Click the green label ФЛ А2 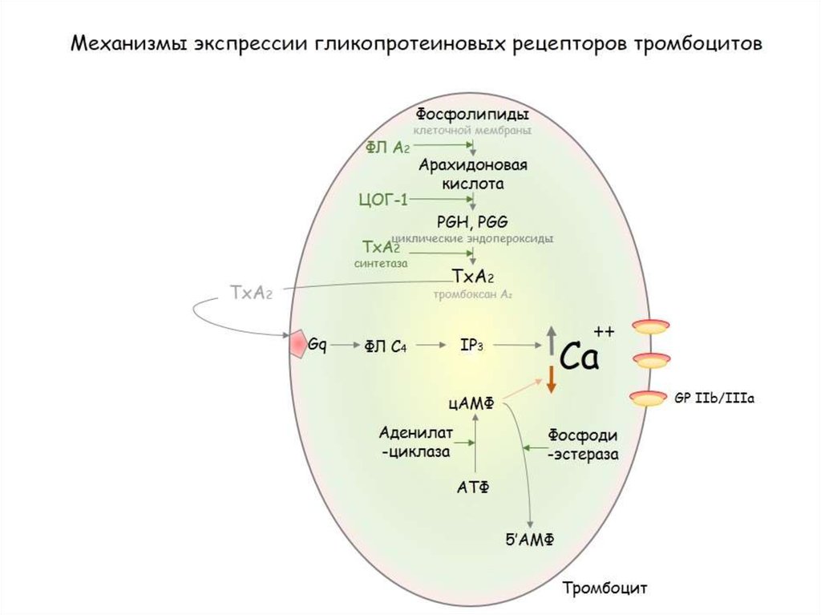388,147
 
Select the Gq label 317,344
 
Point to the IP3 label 471,345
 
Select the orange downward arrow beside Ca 551,378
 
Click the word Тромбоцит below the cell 604,588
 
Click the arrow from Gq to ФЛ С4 346,345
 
